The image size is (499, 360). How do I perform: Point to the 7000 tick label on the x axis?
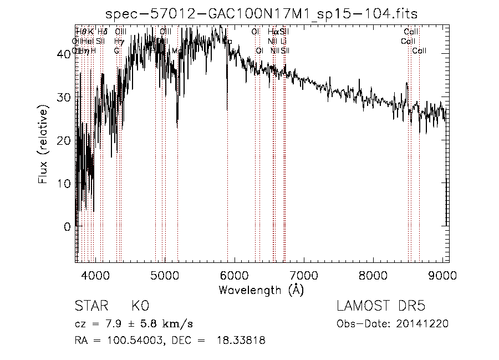tap(303, 275)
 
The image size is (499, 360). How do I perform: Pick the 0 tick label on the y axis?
tap(67, 226)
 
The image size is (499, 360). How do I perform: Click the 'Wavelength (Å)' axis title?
tap(261, 290)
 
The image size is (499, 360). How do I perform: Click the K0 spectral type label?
tap(140, 307)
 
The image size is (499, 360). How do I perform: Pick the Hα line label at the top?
tap(273, 32)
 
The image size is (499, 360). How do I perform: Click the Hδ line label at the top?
tap(102, 32)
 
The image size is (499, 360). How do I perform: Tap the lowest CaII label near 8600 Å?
tap(419, 51)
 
